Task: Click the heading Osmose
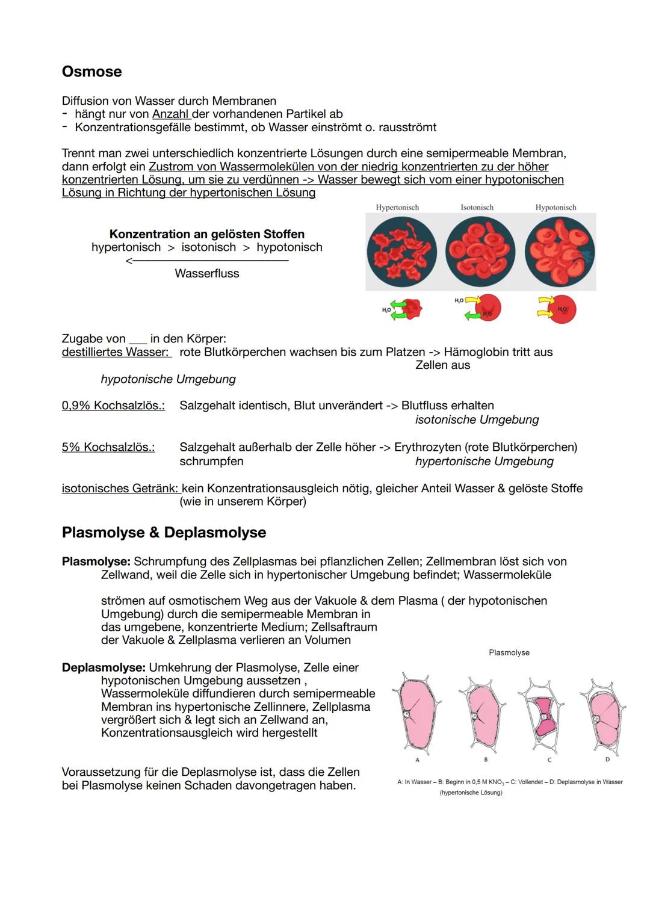click(91, 72)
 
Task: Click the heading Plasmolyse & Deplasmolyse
click(164, 533)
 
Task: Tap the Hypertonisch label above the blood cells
click(397, 208)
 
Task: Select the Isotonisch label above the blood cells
click(477, 208)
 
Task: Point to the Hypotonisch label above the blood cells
click(556, 208)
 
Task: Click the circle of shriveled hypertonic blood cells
click(401, 252)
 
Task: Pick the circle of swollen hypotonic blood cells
click(559, 252)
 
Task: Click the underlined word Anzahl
click(171, 114)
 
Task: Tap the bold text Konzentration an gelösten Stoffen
click(206, 234)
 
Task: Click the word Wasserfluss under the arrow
click(206, 273)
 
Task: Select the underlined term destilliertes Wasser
click(116, 352)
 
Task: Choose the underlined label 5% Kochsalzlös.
click(108, 447)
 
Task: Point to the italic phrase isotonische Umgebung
click(477, 419)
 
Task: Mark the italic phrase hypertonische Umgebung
click(484, 461)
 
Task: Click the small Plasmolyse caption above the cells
click(509, 652)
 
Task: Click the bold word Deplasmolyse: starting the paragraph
click(104, 667)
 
